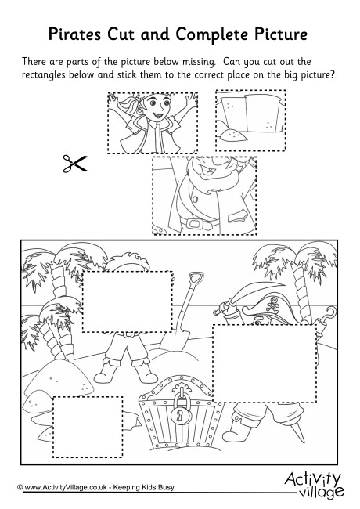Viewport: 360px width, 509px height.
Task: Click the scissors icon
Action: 75,164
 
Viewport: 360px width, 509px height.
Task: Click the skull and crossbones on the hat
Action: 271,306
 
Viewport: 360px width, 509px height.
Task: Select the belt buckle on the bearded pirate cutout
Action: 194,224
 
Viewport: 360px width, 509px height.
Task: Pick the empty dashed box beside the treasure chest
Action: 88,427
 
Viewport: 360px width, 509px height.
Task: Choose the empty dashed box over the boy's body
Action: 127,301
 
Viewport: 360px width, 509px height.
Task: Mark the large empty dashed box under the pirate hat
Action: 265,363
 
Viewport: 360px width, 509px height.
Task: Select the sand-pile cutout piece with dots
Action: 250,121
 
